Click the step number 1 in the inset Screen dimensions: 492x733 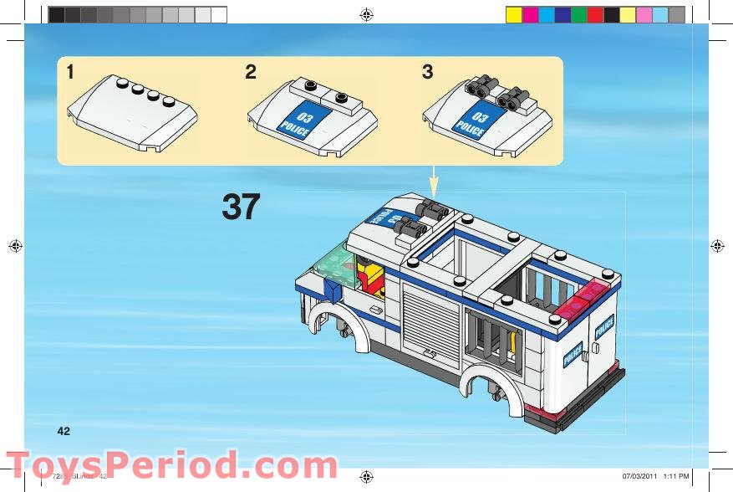tap(70, 73)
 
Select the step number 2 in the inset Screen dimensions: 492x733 tap(251, 73)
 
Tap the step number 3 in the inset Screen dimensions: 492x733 tap(428, 73)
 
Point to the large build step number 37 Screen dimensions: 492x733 tap(241, 208)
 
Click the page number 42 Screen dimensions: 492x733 tap(64, 431)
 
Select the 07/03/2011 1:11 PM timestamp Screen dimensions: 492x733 tap(656, 476)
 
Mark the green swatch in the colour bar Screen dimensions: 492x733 tap(578, 15)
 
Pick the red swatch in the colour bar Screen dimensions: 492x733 tap(594, 15)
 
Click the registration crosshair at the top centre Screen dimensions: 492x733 tap(365, 14)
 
